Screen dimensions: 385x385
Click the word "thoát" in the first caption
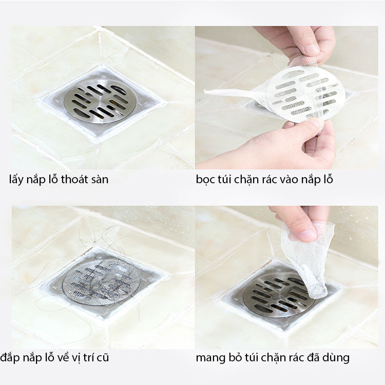pos(74,179)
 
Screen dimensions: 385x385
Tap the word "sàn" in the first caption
pos(100,180)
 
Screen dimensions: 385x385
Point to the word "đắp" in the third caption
pos(10,358)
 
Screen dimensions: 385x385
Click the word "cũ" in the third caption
pos(103,358)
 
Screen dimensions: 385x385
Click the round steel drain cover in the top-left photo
pos(100,101)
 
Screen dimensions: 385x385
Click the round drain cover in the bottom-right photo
pos(279,294)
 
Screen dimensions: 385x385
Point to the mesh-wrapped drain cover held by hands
pos(306,94)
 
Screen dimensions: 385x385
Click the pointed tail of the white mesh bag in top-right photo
pos(204,91)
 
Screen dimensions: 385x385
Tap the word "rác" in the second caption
pos(269,179)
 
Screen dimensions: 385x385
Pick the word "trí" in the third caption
pos(89,357)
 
